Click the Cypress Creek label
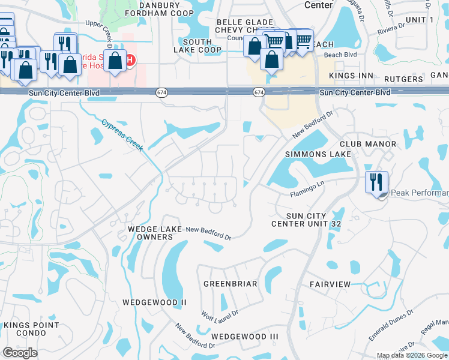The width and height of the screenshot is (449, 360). [122, 136]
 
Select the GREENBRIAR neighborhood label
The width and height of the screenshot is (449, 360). [230, 283]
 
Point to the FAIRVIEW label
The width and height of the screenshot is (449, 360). [330, 283]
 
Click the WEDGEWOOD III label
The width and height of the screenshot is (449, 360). [245, 337]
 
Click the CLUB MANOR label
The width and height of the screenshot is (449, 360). [367, 144]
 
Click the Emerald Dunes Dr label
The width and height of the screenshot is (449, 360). [391, 325]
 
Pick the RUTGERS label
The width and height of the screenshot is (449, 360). [403, 79]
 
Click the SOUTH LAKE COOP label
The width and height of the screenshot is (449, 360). [202, 46]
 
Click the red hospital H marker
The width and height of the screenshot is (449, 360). [130, 60]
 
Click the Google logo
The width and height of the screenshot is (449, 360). [20, 353]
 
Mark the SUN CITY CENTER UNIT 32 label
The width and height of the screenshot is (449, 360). [306, 220]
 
